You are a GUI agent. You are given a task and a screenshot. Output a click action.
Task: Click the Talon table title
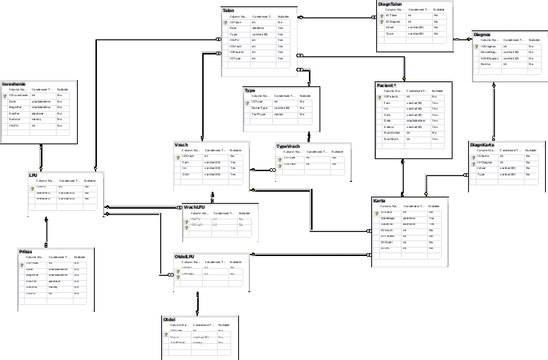point(228,11)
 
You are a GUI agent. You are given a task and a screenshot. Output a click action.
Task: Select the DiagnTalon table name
point(390,4)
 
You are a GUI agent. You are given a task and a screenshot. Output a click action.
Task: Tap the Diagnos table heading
point(482,34)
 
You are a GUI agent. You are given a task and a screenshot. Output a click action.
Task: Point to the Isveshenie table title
point(14,83)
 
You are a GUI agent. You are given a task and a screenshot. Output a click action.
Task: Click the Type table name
point(250,91)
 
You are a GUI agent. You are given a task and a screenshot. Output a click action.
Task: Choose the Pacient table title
point(386,85)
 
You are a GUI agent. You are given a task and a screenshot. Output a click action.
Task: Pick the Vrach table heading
point(181,145)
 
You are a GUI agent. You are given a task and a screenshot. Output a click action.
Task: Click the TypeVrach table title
point(288,146)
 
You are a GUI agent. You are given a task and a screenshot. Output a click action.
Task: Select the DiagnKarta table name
point(482,145)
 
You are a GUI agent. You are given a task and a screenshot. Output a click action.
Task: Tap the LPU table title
point(33,174)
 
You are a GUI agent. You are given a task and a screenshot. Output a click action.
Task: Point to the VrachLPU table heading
point(194,207)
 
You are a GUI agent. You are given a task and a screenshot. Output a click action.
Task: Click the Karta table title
point(380,201)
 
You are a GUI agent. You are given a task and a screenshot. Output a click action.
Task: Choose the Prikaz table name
point(25,251)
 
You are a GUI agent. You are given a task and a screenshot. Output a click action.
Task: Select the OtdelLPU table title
point(185,256)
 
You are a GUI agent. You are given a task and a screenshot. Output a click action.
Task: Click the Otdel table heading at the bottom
point(169,320)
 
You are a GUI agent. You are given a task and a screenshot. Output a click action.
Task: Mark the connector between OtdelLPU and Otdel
point(198,303)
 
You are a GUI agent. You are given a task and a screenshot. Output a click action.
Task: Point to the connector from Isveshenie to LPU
point(41,157)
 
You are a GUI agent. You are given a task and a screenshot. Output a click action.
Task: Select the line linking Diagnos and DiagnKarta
point(494,113)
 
